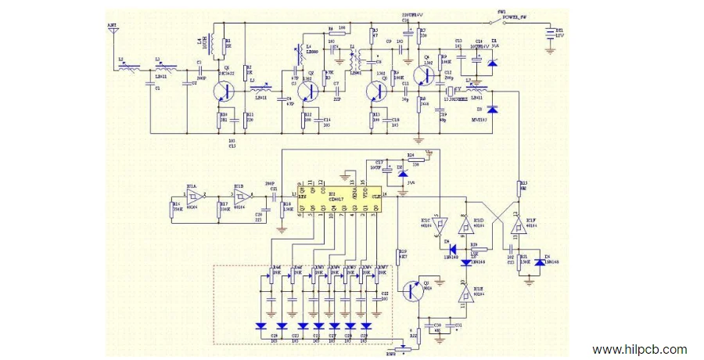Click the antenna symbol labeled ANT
[x=112, y=33]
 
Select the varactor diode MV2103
[x=491, y=110]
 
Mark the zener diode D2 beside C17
[x=400, y=170]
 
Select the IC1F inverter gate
[x=516, y=228]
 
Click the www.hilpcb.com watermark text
[x=639, y=350]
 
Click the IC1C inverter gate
[x=438, y=227]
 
